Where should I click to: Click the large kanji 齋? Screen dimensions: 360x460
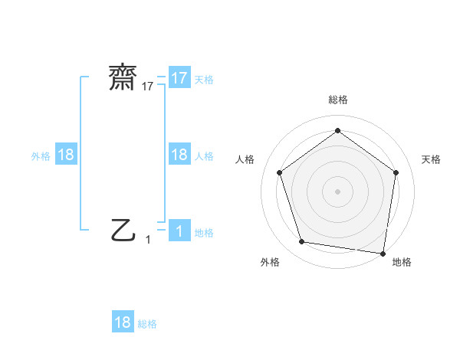(123, 78)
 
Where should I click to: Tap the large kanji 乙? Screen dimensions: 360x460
(123, 229)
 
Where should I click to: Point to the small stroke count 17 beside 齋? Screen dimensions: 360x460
(148, 87)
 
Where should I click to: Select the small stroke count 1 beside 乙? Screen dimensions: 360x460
(148, 240)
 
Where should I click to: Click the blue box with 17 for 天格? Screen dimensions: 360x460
(179, 78)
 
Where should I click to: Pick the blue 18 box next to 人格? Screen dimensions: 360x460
(179, 155)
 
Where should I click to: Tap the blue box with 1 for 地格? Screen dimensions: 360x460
(179, 231)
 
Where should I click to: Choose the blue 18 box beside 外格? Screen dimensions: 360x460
(66, 155)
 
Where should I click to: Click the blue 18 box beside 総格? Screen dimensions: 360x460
(123, 322)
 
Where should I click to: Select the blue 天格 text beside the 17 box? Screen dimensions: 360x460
(204, 79)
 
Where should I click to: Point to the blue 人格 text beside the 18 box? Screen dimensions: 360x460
(204, 155)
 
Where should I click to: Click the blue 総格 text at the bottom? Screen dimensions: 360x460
(147, 324)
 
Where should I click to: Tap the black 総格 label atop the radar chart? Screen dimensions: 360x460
(337, 100)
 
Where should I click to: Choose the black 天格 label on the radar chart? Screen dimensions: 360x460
(432, 159)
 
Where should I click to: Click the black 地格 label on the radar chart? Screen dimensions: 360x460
(402, 262)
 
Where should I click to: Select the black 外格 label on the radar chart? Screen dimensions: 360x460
(270, 262)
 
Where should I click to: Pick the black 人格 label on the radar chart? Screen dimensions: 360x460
(245, 159)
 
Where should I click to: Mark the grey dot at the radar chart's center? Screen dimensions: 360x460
(337, 191)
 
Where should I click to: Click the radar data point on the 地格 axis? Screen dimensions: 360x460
(383, 253)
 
